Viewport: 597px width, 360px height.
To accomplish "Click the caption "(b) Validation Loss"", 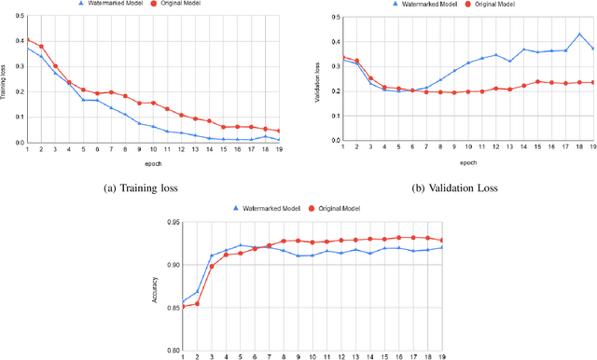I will [455, 187].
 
